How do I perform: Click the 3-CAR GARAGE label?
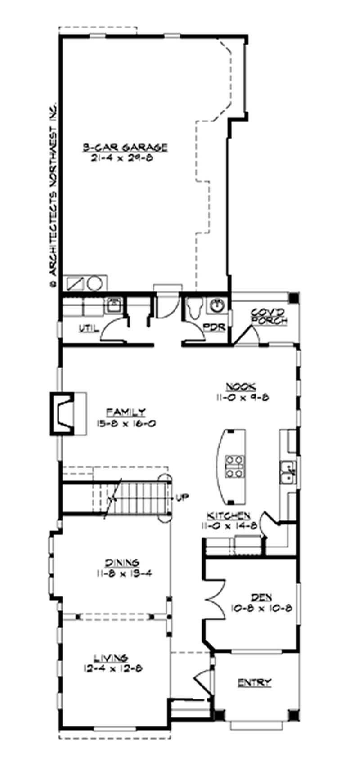[125, 147]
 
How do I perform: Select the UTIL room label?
[89, 328]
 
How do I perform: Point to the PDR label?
[214, 327]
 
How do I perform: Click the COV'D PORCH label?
[269, 316]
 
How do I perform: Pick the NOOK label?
[241, 386]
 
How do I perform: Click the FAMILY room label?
[126, 412]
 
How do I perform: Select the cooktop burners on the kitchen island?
[234, 466]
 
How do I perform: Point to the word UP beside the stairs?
[182, 498]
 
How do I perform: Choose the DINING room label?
[122, 562]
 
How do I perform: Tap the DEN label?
[261, 597]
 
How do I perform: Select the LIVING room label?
[111, 658]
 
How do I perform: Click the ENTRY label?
[255, 683]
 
